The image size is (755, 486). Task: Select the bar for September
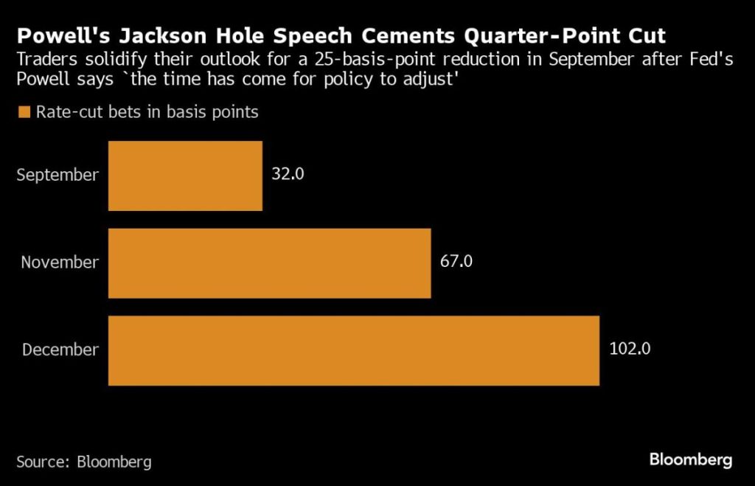click(x=185, y=176)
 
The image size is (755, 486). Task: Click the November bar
click(x=269, y=263)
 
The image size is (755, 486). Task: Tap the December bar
click(x=354, y=350)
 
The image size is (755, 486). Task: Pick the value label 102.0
click(x=630, y=350)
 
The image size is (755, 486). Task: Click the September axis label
click(x=57, y=176)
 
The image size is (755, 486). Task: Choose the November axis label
click(x=59, y=263)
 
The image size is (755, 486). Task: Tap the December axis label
click(x=60, y=350)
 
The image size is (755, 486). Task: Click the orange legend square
click(x=22, y=112)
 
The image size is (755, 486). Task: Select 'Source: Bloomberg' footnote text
click(x=84, y=462)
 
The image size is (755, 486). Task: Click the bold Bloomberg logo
click(x=691, y=460)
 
